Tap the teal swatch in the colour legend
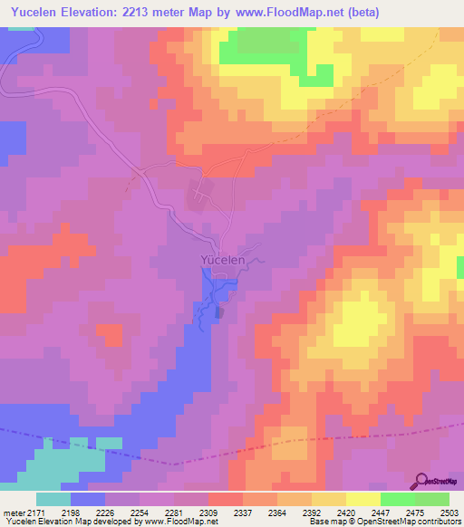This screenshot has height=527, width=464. click(53, 499)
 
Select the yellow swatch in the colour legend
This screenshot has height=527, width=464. click(363, 499)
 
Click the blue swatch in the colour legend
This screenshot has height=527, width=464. click(88, 499)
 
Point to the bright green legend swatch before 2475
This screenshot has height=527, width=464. click(398, 499)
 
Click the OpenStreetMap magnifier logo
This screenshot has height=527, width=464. click(423, 481)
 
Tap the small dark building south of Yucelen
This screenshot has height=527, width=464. click(218, 312)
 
